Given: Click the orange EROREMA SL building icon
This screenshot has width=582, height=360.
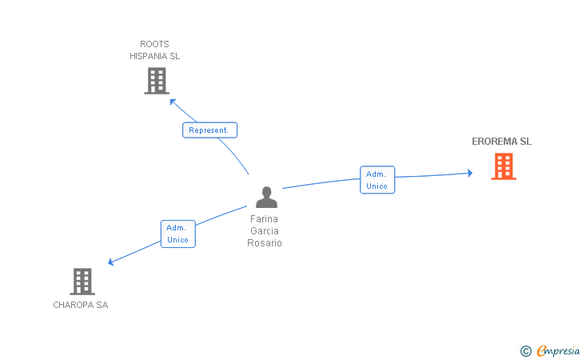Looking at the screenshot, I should point(503,166).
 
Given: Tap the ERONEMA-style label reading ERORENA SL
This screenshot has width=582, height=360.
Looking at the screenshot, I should point(501,142).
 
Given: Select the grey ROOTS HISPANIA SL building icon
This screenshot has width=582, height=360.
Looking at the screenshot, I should point(157,81).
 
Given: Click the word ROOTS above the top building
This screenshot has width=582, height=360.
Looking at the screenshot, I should point(154,44).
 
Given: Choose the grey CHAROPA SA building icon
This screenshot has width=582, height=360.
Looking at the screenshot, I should point(82,281).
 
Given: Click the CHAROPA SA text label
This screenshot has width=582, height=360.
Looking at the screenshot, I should point(81,305).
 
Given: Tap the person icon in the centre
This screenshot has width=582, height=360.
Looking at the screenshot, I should point(266,197).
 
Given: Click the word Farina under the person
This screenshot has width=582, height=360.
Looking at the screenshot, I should point(265,218).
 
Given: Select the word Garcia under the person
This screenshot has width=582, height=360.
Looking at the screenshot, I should point(265,230).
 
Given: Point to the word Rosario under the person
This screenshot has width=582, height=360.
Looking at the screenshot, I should point(265,242).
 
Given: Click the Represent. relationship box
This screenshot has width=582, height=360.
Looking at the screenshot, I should point(209,130).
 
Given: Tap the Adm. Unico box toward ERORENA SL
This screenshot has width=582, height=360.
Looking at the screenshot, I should point(377,180).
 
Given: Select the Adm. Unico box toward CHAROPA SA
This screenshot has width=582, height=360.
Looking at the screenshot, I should point(177,234).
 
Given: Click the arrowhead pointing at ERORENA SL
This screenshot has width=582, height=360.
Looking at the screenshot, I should point(470,173).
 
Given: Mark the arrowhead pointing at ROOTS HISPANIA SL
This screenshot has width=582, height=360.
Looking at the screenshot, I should point(172,102).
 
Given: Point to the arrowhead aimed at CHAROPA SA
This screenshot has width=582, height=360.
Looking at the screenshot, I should point(111,262).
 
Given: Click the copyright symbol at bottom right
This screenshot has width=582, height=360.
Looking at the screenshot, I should point(525,350).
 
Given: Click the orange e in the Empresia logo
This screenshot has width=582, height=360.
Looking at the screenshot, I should point(541,350).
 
